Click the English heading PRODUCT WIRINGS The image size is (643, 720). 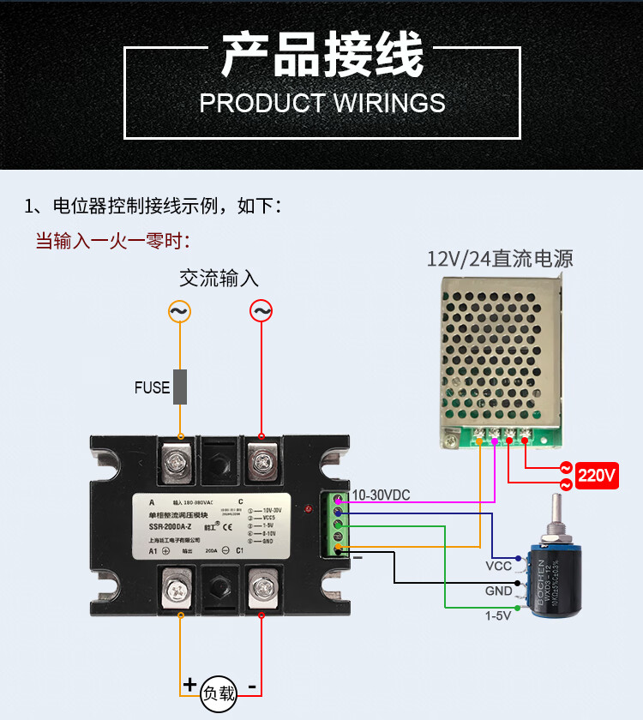[x=322, y=103]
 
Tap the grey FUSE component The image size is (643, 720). [x=181, y=387]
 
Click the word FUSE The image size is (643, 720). [x=152, y=387]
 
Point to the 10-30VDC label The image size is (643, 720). [x=382, y=495]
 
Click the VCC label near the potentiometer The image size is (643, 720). [x=499, y=567]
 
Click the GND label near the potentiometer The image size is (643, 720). [x=499, y=591]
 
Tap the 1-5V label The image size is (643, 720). [x=498, y=615]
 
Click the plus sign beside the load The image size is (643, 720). [x=189, y=685]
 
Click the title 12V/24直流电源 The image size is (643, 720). [x=500, y=259]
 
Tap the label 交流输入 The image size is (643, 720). [x=219, y=279]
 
